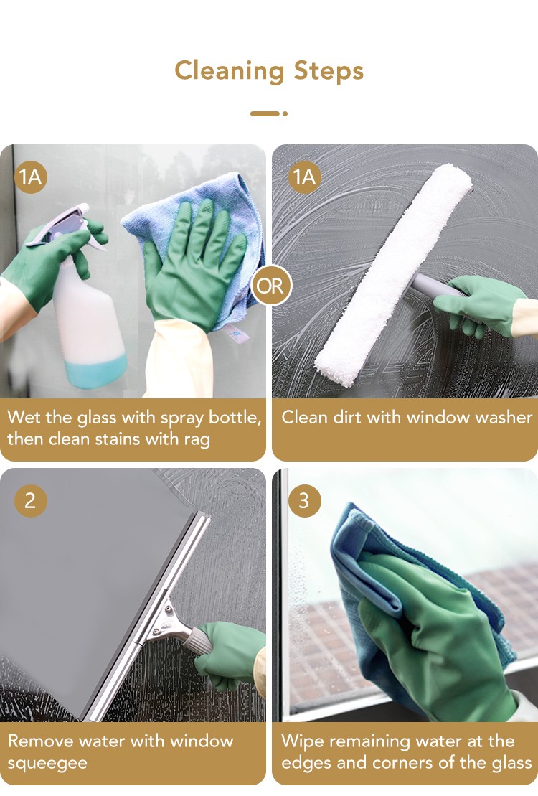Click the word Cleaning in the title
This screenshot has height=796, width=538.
[x=229, y=71]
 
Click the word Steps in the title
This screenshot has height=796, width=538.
[x=329, y=70]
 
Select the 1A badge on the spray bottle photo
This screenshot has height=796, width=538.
[x=30, y=177]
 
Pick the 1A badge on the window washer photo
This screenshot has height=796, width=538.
[x=305, y=177]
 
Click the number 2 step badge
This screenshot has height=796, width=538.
[x=30, y=501]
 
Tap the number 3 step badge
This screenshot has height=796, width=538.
[x=305, y=501]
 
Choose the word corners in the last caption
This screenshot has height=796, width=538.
[x=406, y=762]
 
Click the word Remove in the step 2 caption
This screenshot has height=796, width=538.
[x=42, y=741]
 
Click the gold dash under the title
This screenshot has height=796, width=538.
[x=265, y=113]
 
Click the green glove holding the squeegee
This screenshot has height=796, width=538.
[x=231, y=654]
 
